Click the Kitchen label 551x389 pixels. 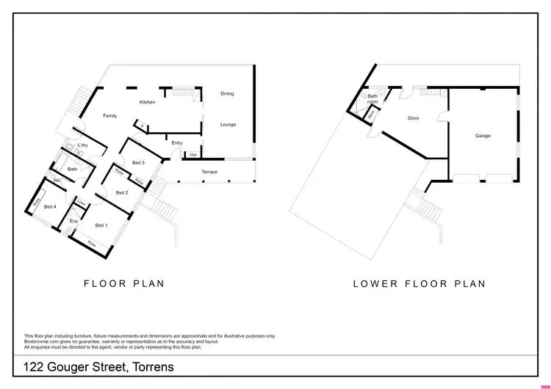coord(147,102)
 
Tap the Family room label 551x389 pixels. coord(109,116)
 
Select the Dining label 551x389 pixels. coord(228,94)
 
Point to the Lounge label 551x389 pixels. coord(228,125)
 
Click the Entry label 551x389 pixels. coord(177,142)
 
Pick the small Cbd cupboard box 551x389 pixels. coord(193,155)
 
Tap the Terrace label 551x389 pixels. coord(209,172)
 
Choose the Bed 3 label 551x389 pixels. coord(138,162)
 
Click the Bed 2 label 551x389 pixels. coord(123,192)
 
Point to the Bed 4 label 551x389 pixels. coord(50,207)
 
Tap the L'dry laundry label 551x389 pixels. coord(83,145)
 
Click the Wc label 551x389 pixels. coord(57,180)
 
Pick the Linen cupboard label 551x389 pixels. coord(82,203)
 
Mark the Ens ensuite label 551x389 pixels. coord(73,221)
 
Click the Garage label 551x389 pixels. coord(483,136)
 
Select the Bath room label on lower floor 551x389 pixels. coord(372,98)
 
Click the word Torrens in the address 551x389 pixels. coord(149,366)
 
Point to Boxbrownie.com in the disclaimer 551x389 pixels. coord(44,341)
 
